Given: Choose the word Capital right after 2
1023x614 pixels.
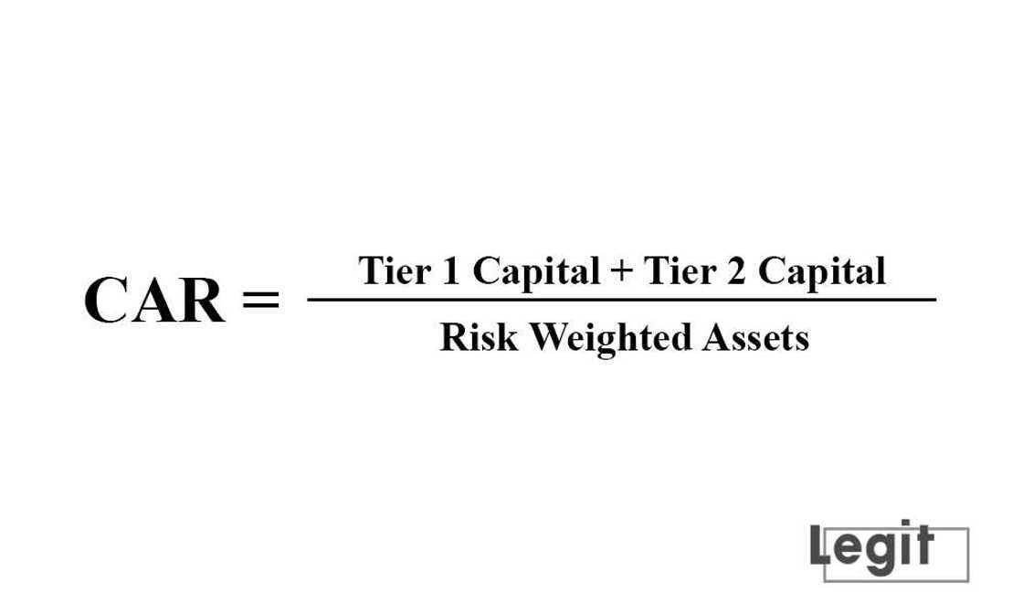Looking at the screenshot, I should (x=823, y=272).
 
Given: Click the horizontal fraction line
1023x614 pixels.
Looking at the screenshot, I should (x=621, y=299).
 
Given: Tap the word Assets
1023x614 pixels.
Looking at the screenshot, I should (x=754, y=338).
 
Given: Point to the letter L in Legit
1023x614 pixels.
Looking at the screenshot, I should (x=820, y=545).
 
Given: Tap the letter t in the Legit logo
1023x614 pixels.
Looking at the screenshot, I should (x=922, y=545).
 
